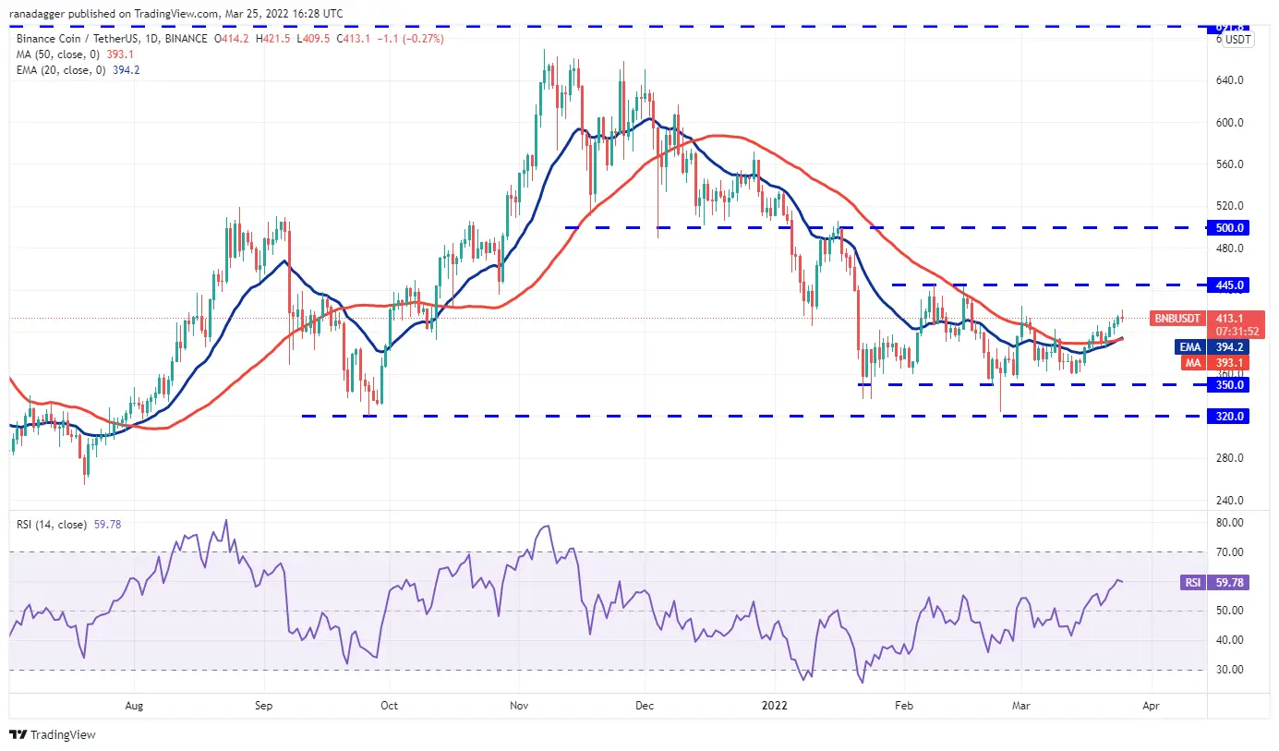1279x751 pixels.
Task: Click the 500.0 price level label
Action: coord(1230,227)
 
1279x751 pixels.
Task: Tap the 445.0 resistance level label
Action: coord(1230,285)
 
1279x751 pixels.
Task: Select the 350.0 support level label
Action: coord(1230,384)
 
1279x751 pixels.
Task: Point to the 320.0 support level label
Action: coord(1230,416)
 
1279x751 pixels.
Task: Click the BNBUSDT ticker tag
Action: coord(1177,319)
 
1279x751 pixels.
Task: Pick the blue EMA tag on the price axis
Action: coord(1189,347)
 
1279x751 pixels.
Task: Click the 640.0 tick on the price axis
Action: coord(1229,80)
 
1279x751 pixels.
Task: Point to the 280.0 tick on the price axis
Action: coord(1229,458)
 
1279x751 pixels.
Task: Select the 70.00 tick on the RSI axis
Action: coord(1228,552)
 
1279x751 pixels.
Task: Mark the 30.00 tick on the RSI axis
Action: coord(1228,670)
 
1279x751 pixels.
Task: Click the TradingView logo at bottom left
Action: coord(54,734)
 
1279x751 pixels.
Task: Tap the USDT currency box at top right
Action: coord(1238,39)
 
